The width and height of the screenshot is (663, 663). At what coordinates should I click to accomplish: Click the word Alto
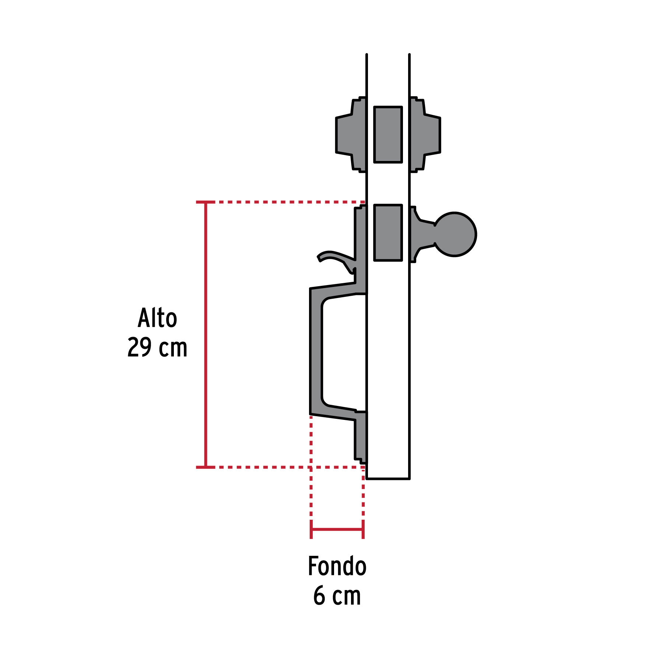(157, 318)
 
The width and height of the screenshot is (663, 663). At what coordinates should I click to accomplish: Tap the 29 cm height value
(157, 347)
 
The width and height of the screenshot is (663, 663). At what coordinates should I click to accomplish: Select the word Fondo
(337, 566)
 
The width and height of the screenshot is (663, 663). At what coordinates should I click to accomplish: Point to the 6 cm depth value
(337, 596)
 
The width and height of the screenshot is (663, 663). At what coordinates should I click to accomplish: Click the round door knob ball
(455, 234)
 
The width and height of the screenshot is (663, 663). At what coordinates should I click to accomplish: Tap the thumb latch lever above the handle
(333, 256)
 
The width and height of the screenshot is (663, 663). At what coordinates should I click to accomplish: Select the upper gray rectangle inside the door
(388, 134)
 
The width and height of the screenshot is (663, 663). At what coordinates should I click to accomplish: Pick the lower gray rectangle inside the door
(388, 233)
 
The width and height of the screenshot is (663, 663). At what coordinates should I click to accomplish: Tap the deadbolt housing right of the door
(425, 134)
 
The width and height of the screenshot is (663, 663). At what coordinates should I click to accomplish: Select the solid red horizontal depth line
(337, 530)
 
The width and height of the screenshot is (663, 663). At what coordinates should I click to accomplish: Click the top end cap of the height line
(206, 202)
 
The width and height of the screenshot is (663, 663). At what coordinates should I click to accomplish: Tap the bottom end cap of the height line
(206, 467)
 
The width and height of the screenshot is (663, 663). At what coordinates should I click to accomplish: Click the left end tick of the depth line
(311, 530)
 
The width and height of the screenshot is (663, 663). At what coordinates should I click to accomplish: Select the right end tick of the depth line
(363, 530)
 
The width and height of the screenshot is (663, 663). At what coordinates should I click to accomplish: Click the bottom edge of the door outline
(388, 478)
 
